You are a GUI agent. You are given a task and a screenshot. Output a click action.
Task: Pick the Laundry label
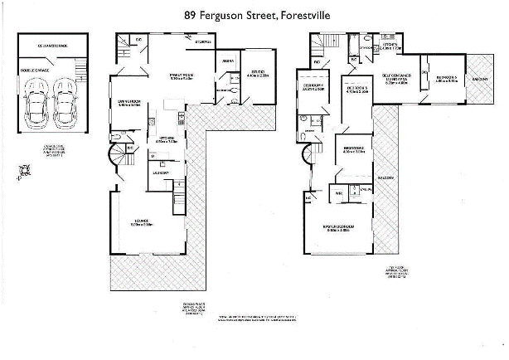(x=160, y=173)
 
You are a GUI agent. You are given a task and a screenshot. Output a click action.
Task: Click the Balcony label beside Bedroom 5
(x=480, y=79)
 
